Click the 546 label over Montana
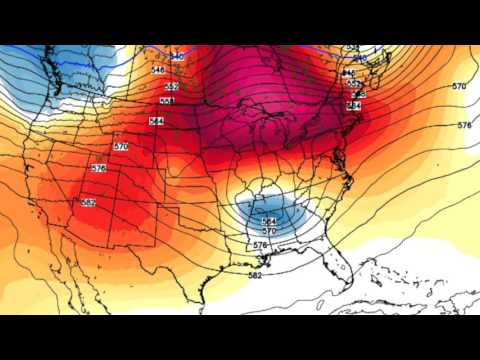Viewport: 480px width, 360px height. coord(157,71)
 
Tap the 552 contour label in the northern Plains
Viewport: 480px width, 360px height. coord(171,87)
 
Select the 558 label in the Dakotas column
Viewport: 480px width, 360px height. coord(167,103)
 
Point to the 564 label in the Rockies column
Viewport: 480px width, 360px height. coord(156,121)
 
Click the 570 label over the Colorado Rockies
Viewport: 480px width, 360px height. coord(121,147)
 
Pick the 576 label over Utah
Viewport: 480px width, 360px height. coord(97,168)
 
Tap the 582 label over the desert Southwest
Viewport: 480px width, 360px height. coord(89,203)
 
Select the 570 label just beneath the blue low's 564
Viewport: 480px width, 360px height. coord(268,232)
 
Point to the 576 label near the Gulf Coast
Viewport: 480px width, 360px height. coord(259,245)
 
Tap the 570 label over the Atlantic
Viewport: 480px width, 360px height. coord(458,87)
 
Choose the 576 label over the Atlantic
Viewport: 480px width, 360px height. coord(463,125)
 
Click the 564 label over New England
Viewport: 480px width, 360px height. coord(354,105)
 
